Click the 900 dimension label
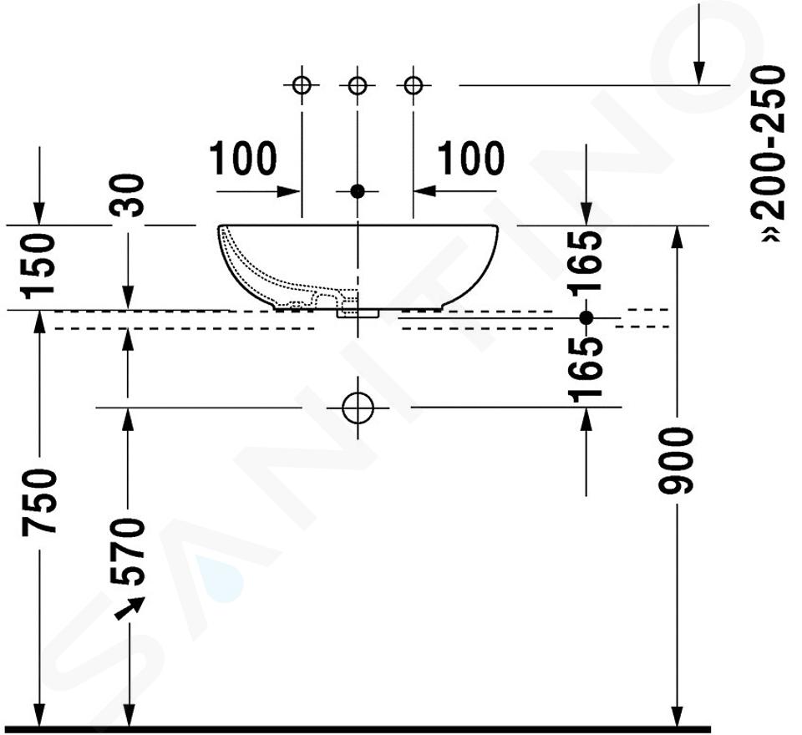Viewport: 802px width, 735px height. point(676,461)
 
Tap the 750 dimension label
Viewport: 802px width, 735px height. point(39,503)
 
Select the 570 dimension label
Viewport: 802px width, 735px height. point(128,551)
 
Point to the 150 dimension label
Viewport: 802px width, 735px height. point(38,266)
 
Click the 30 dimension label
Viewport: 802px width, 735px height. point(128,195)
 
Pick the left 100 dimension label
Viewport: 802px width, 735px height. point(243,159)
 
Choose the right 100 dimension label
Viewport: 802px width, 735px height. point(470,159)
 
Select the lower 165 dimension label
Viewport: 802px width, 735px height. point(586,370)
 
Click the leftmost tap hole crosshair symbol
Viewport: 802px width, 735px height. point(302,85)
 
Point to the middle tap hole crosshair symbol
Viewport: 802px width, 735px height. point(358,85)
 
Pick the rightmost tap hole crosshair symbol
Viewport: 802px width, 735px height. point(414,85)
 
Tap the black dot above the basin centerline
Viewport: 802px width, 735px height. point(358,191)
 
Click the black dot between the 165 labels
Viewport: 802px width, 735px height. point(586,317)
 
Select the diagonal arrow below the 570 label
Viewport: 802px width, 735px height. point(129,609)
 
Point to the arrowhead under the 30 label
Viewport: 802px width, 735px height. point(128,297)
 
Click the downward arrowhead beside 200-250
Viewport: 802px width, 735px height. point(699,73)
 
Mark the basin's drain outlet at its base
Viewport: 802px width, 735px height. point(358,313)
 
